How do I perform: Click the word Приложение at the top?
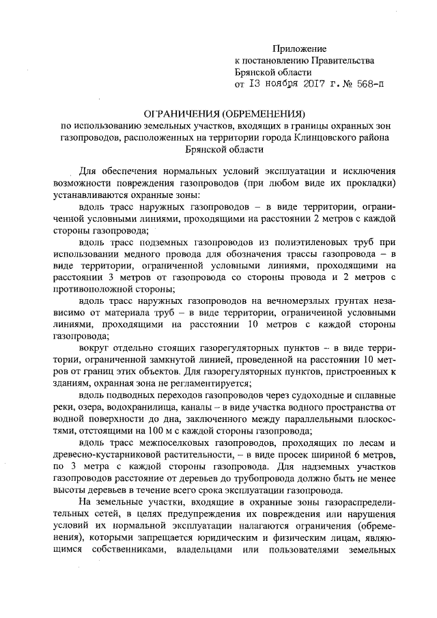pos(300,48)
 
